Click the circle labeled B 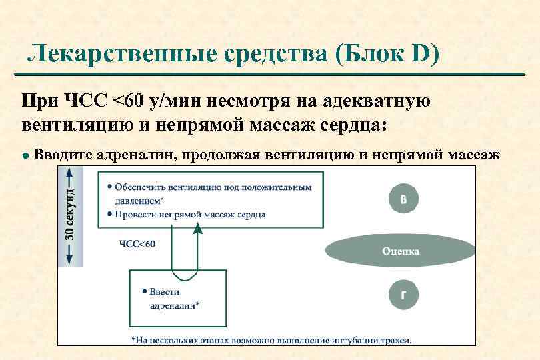(x=405, y=199)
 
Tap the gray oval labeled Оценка (x=401, y=251)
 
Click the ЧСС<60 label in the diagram (x=137, y=244)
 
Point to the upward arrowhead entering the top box (x=197, y=229)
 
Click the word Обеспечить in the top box (x=139, y=187)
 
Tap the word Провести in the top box (x=133, y=214)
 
